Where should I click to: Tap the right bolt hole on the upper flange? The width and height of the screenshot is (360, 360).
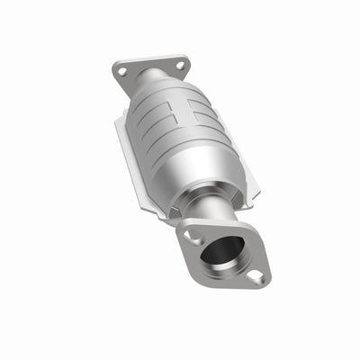[x=179, y=65]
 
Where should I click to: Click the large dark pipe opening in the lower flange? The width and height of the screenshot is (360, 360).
[x=220, y=251]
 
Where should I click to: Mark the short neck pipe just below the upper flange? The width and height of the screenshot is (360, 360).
[x=153, y=84]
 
